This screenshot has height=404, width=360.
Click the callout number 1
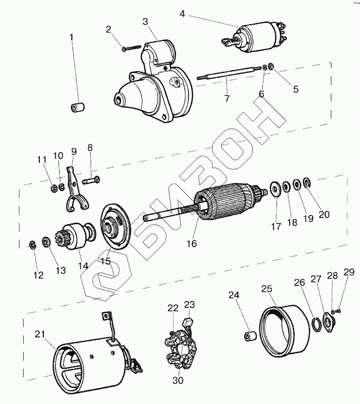pos(71,37)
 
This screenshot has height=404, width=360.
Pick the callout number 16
pos(190,243)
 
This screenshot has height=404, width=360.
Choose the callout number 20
pos(324,214)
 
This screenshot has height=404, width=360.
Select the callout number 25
pos(267,289)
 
